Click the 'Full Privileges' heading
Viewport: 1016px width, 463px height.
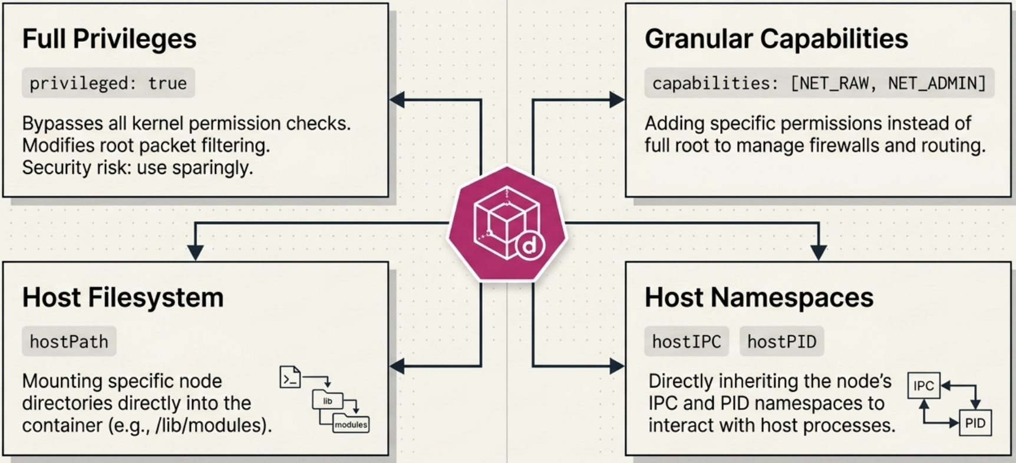coord(109,39)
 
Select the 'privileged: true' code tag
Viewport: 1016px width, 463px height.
coord(108,83)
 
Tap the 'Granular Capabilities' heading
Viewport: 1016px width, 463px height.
coord(776,39)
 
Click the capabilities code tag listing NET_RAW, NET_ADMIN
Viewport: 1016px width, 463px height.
coord(819,83)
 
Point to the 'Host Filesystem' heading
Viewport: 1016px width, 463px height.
coord(123,297)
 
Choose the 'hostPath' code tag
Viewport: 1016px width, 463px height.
coord(69,341)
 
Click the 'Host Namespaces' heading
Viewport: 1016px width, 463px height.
coord(759,297)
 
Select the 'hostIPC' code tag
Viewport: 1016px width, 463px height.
coord(687,341)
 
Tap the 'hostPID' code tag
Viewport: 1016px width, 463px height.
coord(781,341)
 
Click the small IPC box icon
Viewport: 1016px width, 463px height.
coord(923,386)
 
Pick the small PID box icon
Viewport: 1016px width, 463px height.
coord(975,423)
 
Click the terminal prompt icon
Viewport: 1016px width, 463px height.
coord(290,377)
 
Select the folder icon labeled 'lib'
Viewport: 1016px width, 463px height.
coord(327,400)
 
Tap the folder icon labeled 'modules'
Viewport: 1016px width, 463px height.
coord(351,423)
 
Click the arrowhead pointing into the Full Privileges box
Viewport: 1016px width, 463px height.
coord(397,100)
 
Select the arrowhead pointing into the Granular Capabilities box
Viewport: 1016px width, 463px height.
coord(617,100)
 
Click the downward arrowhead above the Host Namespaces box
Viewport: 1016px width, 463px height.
coord(819,253)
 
